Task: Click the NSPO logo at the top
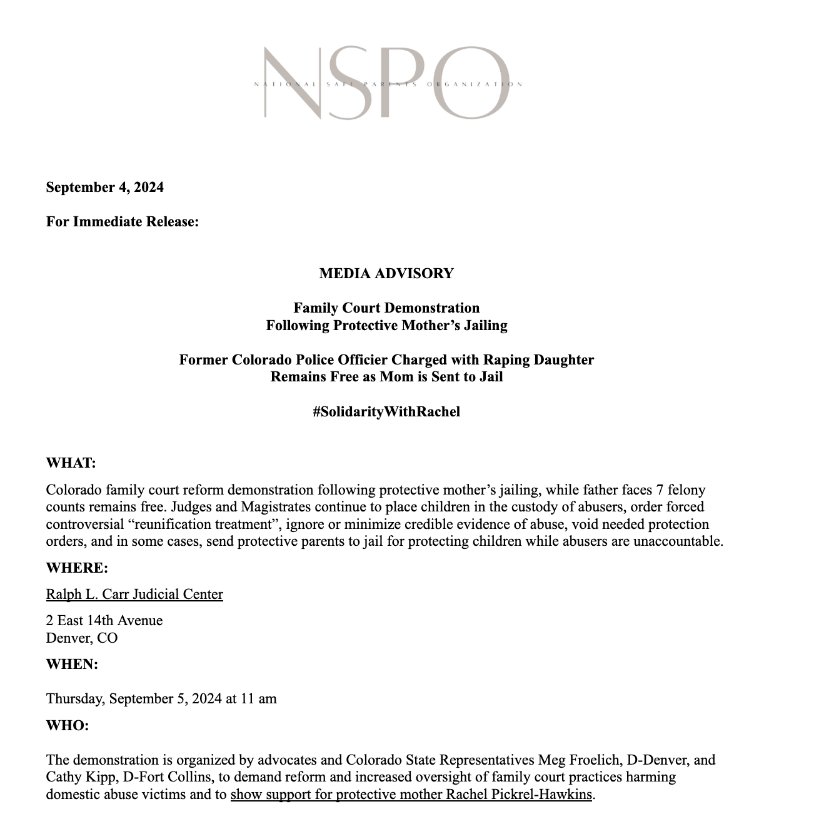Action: [386, 83]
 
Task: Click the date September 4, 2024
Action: [104, 187]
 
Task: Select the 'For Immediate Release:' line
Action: [123, 221]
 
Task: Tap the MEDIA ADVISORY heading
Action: [386, 273]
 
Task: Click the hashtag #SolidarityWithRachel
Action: [386, 411]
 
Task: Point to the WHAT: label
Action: [71, 463]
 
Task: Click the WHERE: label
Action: [77, 568]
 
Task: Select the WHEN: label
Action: [72, 664]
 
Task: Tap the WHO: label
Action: [68, 725]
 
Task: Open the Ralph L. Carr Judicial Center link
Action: [134, 594]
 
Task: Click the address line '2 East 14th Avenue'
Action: [104, 620]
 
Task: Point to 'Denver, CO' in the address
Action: [82, 638]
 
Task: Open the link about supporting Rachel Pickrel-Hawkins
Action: [411, 795]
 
